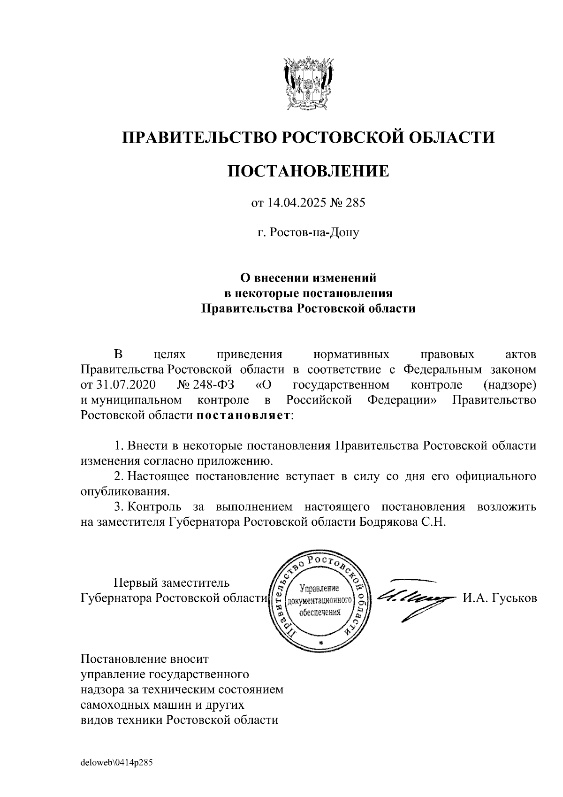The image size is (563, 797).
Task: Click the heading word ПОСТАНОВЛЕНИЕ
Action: (x=308, y=171)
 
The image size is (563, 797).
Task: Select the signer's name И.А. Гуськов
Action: (x=500, y=598)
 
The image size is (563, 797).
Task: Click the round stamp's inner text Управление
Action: (x=319, y=588)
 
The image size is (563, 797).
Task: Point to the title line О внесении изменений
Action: (x=308, y=278)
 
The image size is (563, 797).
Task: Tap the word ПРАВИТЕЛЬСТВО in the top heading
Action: (x=202, y=137)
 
